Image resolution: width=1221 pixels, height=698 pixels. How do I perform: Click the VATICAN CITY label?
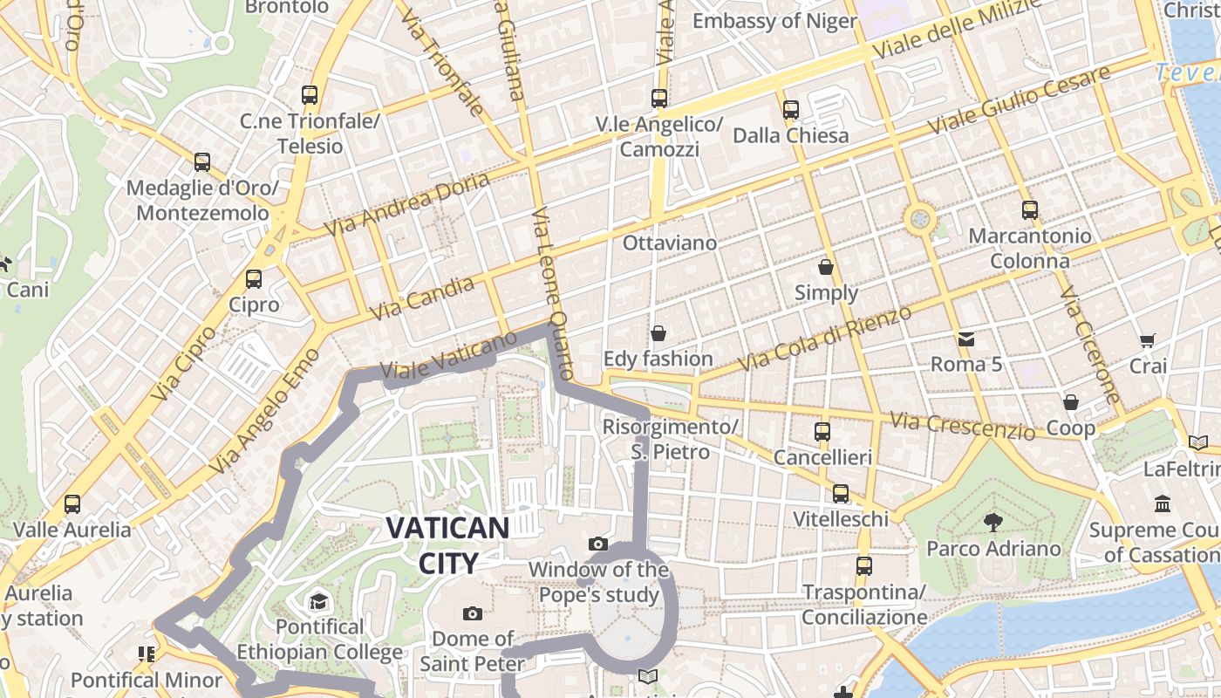coord(447,544)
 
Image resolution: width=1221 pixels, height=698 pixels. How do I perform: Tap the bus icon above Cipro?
coord(254,279)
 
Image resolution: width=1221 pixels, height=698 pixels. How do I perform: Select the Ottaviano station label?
coord(670,243)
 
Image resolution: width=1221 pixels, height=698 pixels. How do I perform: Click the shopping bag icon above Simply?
coord(826,267)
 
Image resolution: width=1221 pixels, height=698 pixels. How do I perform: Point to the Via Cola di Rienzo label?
coord(824,339)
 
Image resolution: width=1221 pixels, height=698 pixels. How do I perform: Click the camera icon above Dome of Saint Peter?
coord(473,613)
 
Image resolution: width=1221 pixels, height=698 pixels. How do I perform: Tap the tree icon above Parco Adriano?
coord(992,523)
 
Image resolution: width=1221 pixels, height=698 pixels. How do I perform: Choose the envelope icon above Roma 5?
coord(966,339)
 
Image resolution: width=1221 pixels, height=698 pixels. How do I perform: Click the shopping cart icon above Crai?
coord(1147,341)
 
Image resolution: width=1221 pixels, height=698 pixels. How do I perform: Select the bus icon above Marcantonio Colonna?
coord(1030,210)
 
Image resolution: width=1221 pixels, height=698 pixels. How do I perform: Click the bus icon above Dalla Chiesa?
coord(791,110)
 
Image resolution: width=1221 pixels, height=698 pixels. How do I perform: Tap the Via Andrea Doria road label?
coord(406,204)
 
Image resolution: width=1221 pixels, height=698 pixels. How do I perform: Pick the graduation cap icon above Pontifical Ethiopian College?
coord(318,601)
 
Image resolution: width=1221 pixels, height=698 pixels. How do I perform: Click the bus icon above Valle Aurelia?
coord(72,504)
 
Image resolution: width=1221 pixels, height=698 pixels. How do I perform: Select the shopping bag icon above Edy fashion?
coord(658,333)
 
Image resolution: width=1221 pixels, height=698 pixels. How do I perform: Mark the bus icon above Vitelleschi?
coord(841,494)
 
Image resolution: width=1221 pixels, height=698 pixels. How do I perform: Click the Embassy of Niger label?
coord(774,21)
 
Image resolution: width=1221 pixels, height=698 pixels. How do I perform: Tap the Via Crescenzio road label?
coord(963,426)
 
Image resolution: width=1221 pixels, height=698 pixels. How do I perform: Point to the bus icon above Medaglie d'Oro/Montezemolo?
coord(202,162)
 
